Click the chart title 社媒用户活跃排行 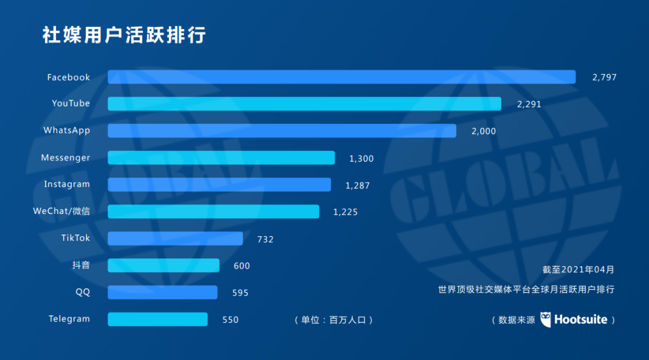[x=124, y=35]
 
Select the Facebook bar [x=341, y=77]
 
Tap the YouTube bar [x=304, y=103]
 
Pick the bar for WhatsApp [x=282, y=130]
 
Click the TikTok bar [x=175, y=239]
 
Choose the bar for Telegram [x=157, y=319]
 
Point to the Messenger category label [x=66, y=158]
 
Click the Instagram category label [x=67, y=185]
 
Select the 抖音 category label [x=81, y=265]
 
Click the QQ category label [x=82, y=292]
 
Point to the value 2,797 [x=605, y=78]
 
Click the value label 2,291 [x=529, y=104]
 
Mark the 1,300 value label [x=361, y=159]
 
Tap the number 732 [x=265, y=239]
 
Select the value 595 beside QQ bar [x=240, y=293]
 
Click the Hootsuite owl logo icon [x=546, y=320]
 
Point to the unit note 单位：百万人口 [x=334, y=320]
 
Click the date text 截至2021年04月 [x=578, y=270]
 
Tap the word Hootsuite [x=580, y=320]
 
